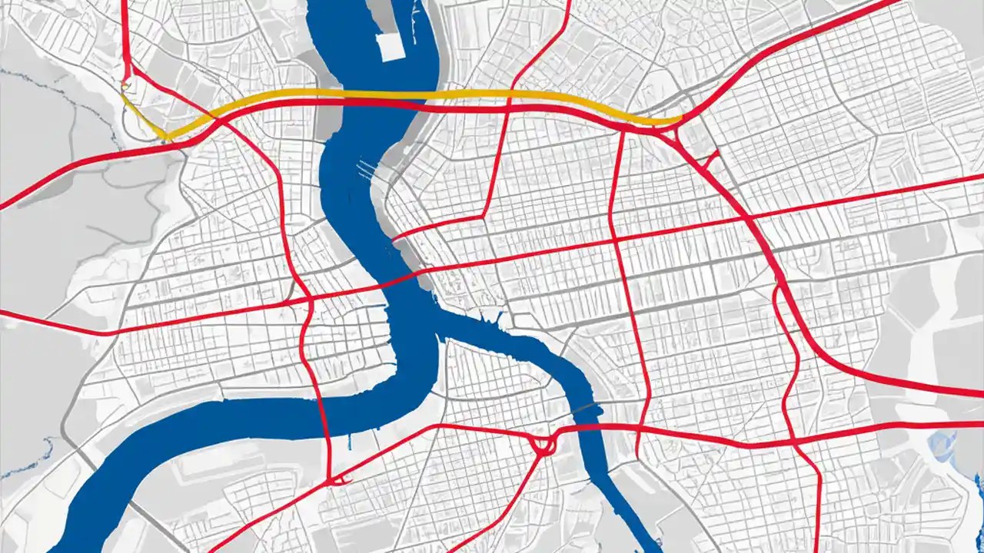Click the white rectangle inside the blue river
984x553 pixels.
391,46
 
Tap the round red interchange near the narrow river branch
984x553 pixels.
543,444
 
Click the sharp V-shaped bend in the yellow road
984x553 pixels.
165,137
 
